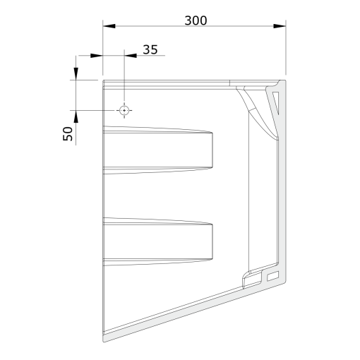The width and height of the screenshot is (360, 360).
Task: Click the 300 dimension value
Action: pyautogui.click(x=196, y=20)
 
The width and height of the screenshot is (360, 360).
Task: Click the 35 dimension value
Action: pyautogui.click(x=150, y=49)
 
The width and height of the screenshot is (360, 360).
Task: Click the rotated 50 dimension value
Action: pyautogui.click(x=68, y=133)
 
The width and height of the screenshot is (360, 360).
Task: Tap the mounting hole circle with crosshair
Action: pyautogui.click(x=124, y=110)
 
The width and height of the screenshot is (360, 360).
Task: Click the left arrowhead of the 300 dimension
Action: pyautogui.click(x=109, y=26)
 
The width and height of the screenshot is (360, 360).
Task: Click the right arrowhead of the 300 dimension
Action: pyautogui.click(x=280, y=26)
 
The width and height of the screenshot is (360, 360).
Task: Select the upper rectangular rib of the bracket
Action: pyautogui.click(x=158, y=150)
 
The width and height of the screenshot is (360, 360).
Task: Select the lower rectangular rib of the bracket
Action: pyautogui.click(x=158, y=241)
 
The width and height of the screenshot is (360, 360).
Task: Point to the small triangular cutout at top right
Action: pyautogui.click(x=276, y=101)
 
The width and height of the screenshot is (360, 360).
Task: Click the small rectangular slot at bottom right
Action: pyautogui.click(x=273, y=276)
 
